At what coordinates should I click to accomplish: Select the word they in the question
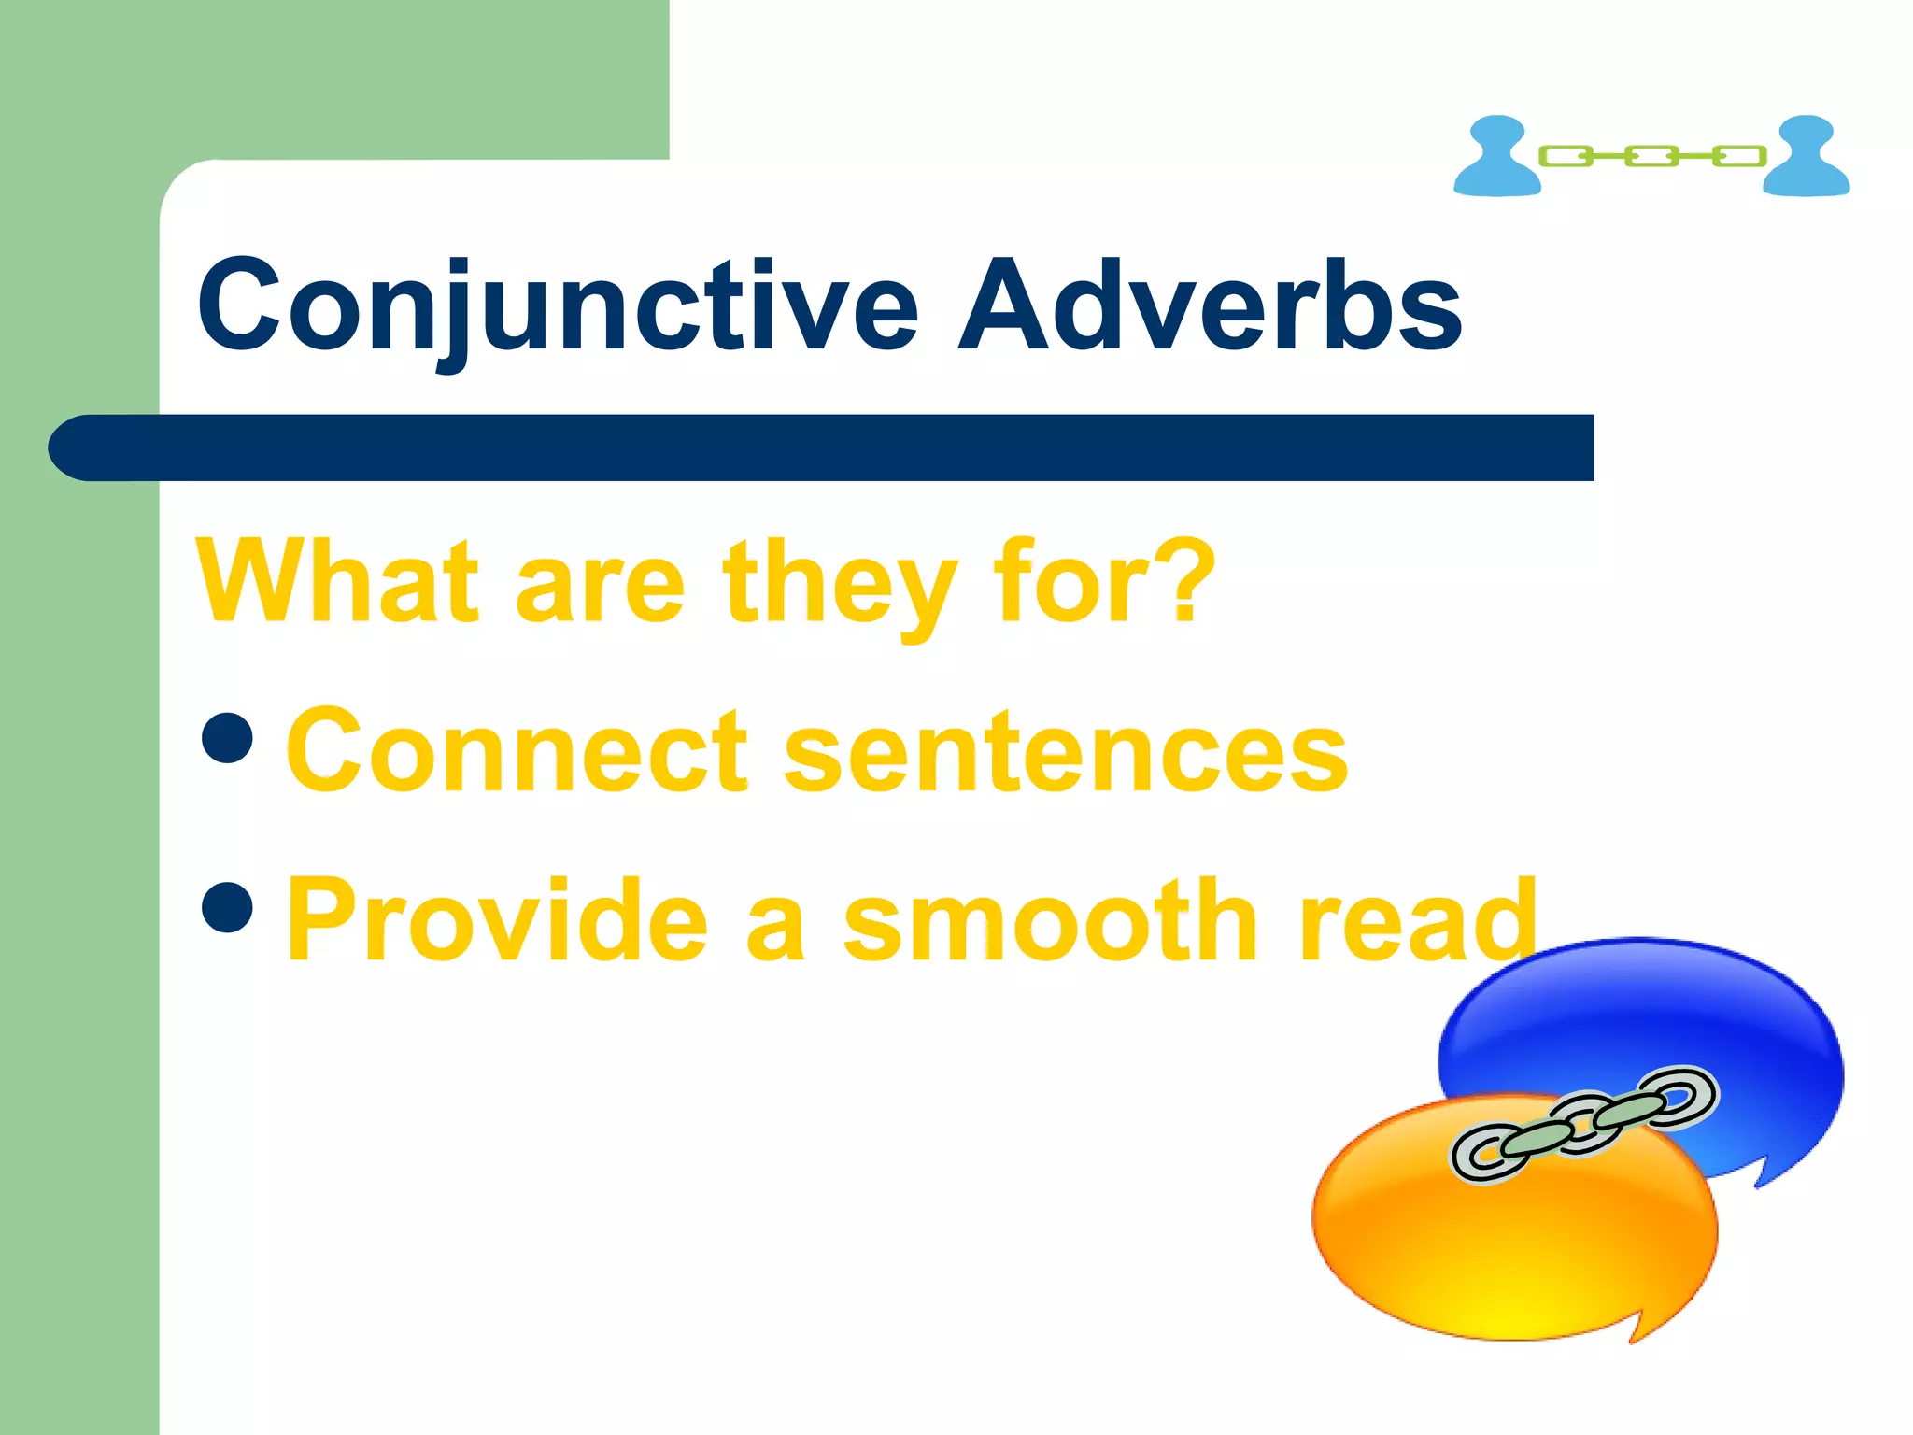(x=839, y=587)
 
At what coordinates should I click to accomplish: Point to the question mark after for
(x=1185, y=579)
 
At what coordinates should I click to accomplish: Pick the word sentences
(x=1065, y=753)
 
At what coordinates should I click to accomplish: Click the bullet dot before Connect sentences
(x=227, y=738)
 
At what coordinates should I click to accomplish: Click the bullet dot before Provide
(x=227, y=907)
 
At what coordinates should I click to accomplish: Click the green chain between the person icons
(x=1651, y=156)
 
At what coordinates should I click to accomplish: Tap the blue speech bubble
(x=1644, y=1009)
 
